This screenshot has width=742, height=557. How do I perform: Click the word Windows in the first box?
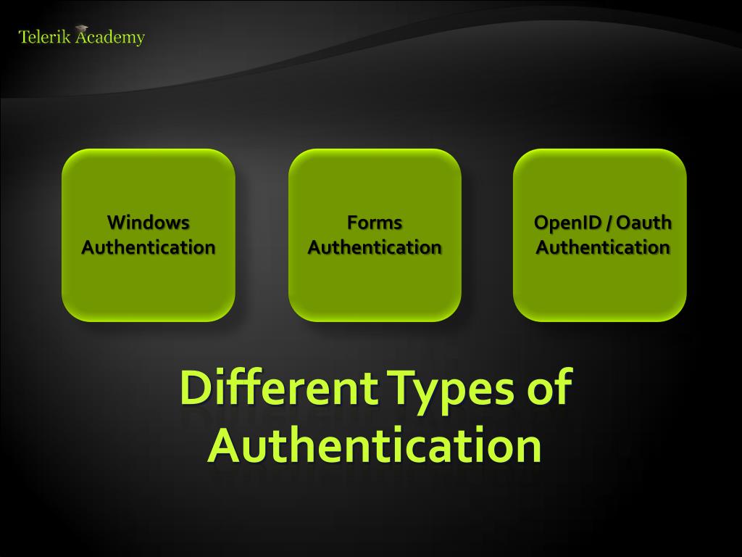pyautogui.click(x=148, y=222)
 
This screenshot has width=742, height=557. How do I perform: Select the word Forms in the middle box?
pyautogui.click(x=374, y=222)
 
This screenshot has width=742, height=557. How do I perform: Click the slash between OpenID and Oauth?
pyautogui.click(x=607, y=223)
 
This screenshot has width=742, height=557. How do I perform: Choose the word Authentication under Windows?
pyautogui.click(x=148, y=247)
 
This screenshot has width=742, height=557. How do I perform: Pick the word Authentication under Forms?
pyautogui.click(x=374, y=247)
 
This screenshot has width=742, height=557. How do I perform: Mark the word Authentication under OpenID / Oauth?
pyautogui.click(x=602, y=247)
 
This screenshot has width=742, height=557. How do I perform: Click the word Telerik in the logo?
pyautogui.click(x=44, y=37)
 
